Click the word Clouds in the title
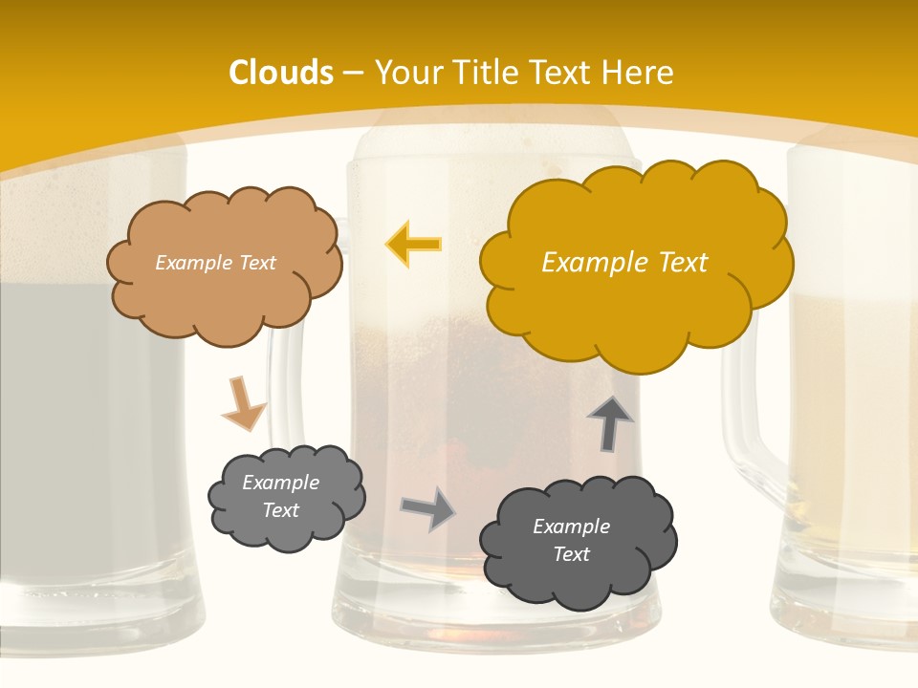(x=281, y=73)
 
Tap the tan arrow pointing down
(x=243, y=404)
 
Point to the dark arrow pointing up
(x=610, y=423)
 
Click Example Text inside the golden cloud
(x=624, y=263)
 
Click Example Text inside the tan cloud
(x=215, y=263)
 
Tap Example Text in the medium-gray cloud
(x=281, y=496)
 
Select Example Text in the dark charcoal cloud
(x=571, y=540)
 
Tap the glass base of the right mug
(x=841, y=612)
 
